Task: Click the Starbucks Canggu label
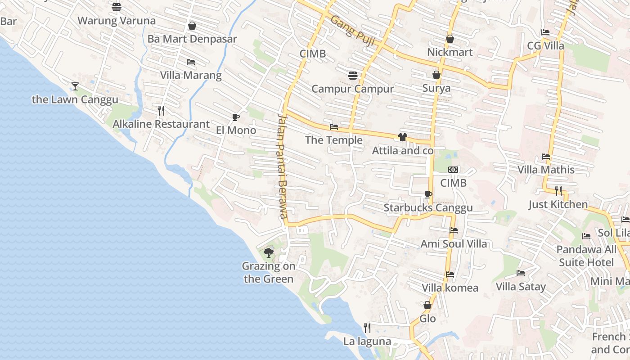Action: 428,207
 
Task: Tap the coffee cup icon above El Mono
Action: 235,117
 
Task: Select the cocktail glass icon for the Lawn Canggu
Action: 75,86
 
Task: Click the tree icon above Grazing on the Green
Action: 269,252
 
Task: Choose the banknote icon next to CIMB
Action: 453,170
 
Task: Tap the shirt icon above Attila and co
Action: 402,137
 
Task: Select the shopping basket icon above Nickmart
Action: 450,39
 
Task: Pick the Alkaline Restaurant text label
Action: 161,124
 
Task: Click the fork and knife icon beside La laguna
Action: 367,328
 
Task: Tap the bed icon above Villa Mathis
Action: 546,157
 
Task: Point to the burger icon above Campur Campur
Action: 352,75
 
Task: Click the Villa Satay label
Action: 521,287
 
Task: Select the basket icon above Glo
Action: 427,305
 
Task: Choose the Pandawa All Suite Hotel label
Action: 586,256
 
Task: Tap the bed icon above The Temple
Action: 334,127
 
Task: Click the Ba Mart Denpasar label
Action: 192,39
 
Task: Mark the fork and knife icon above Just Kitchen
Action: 558,191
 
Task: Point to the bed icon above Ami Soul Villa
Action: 454,230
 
